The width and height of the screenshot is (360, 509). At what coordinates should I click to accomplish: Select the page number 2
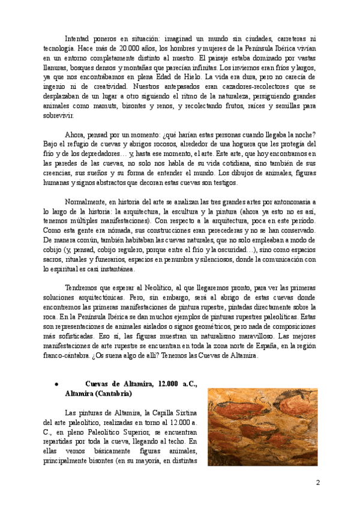[x=318, y=482]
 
